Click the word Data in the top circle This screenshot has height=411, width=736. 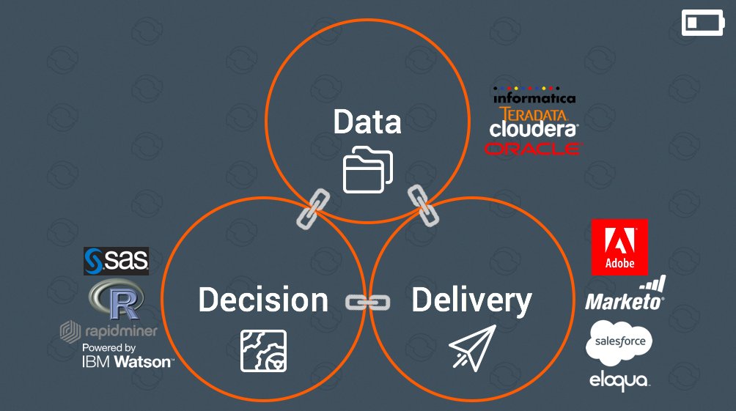point(367,122)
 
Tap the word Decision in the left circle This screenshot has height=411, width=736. point(263,300)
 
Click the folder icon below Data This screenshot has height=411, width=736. point(368,170)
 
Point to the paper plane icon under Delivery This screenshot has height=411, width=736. point(472,348)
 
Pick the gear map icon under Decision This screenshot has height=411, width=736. point(263,351)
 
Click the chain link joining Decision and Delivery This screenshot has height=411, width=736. point(367,303)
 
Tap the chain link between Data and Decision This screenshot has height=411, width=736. point(313,209)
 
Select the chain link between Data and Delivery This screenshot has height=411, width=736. point(424,206)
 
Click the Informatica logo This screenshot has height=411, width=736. point(534,95)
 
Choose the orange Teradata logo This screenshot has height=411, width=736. point(533,114)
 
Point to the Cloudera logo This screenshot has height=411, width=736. point(534,129)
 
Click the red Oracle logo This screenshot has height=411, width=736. point(533,149)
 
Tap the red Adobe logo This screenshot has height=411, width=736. point(619,247)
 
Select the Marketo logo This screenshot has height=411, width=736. point(625,294)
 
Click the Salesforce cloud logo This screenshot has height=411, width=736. point(619,343)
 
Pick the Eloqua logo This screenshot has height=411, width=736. point(619,380)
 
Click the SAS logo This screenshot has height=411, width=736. point(116,261)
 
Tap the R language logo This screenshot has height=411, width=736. point(117,299)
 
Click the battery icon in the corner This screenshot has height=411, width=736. point(703,23)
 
